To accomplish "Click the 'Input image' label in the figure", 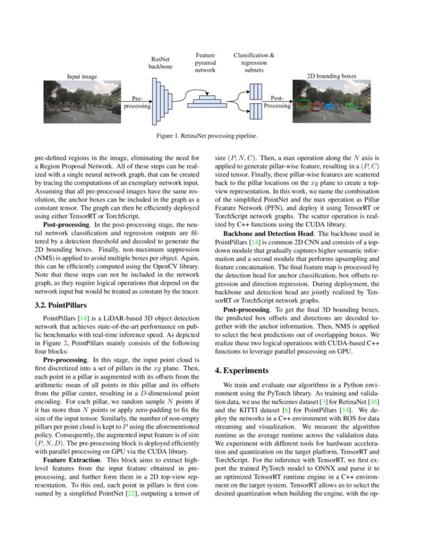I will [81, 77].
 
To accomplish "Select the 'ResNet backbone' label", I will [160, 62].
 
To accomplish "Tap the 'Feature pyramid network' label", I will [205, 62].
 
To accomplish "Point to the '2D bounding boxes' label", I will [332, 76].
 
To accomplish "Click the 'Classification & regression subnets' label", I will [254, 62].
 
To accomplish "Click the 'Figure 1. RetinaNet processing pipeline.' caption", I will [207, 136].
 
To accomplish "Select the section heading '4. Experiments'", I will [243, 370].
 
